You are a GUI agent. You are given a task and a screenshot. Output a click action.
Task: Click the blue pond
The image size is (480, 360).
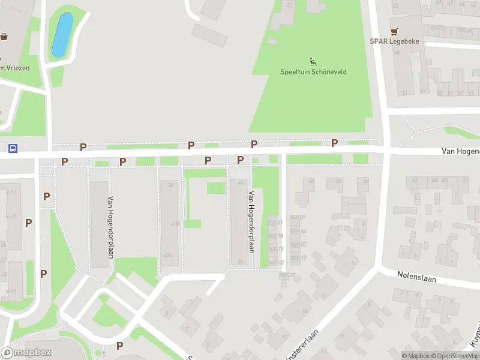pos(62,35)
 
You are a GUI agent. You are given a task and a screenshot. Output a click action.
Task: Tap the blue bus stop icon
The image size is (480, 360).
pos(13,148)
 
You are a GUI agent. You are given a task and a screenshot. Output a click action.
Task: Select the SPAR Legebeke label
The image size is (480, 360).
pos(394,41)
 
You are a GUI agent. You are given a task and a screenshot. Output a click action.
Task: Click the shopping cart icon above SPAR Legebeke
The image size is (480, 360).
pos(394,31)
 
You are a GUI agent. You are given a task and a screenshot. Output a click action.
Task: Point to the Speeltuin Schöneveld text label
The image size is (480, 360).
pos(313,72)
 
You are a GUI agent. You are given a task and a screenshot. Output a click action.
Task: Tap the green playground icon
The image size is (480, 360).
pos(313,61)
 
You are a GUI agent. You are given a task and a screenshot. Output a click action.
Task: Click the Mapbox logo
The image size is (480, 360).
pos(27,353)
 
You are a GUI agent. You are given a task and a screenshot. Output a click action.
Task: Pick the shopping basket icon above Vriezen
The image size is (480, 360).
pos(4,37)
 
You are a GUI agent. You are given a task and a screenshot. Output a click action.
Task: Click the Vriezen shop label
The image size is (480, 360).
pos(14,68)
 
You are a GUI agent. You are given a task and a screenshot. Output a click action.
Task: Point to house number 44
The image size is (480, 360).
pos(241,183)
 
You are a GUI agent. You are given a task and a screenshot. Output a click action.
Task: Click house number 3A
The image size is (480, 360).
pos(239,261)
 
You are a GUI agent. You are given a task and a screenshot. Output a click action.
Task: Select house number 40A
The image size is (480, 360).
pos(175,223)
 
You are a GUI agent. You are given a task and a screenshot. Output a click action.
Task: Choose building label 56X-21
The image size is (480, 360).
pos(275,223)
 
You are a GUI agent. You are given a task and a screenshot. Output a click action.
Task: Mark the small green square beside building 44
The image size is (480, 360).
pos(216,188)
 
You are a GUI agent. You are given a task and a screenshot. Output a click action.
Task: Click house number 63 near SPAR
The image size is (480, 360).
pos(395,7)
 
